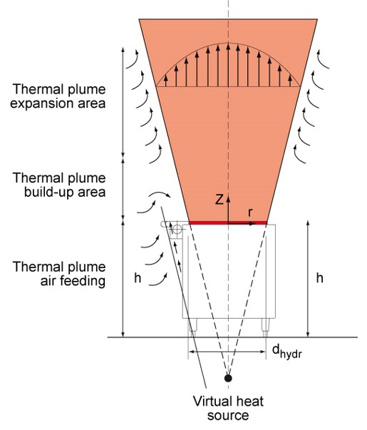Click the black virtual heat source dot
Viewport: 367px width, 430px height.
[228, 378]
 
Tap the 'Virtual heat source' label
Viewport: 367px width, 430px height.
[228, 408]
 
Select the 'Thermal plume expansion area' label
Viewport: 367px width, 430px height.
[58, 96]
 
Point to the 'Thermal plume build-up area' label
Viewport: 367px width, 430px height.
[59, 185]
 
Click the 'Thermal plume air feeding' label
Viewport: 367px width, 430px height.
[59, 274]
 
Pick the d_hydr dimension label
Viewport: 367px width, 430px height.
[286, 352]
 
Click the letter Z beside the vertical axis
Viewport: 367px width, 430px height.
[219, 200]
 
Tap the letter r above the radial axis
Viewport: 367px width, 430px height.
[250, 213]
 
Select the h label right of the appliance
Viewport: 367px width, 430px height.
[319, 278]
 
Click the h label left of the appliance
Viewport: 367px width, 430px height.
[138, 278]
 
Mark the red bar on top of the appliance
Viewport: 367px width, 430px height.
[227, 222]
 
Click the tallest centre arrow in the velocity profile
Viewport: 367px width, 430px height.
[228, 65]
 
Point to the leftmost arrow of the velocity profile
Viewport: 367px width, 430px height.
[166, 81]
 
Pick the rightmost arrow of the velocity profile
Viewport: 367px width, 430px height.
[290, 81]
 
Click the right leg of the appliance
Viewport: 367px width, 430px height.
[266, 327]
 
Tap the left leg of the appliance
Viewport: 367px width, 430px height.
[193, 327]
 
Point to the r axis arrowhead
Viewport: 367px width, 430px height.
[252, 224]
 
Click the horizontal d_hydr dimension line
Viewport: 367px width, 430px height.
[227, 352]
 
